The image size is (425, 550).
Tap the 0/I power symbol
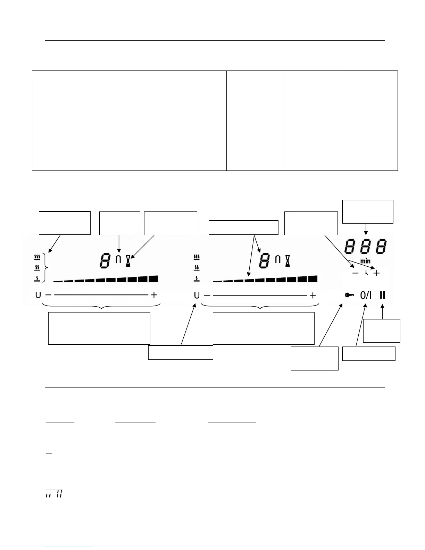pyautogui.click(x=366, y=295)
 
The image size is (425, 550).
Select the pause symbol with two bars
pyautogui.click(x=383, y=295)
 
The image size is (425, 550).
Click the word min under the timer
pyautogui.click(x=365, y=261)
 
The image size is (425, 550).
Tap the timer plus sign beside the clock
pyautogui.click(x=376, y=273)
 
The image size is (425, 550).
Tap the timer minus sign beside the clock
pyautogui.click(x=356, y=273)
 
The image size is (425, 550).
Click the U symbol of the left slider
pyautogui.click(x=38, y=295)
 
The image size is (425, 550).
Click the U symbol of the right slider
pyautogui.click(x=197, y=295)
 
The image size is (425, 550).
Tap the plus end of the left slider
pyautogui.click(x=154, y=295)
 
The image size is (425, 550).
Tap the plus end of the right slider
pyautogui.click(x=313, y=295)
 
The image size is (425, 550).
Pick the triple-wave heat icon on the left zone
pyautogui.click(x=37, y=257)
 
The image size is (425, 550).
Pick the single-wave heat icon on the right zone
pyautogui.click(x=196, y=278)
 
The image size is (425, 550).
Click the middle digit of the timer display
pyautogui.click(x=365, y=247)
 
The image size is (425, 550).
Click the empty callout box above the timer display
pyautogui.click(x=368, y=211)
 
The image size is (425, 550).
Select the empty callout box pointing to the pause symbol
pyautogui.click(x=382, y=331)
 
